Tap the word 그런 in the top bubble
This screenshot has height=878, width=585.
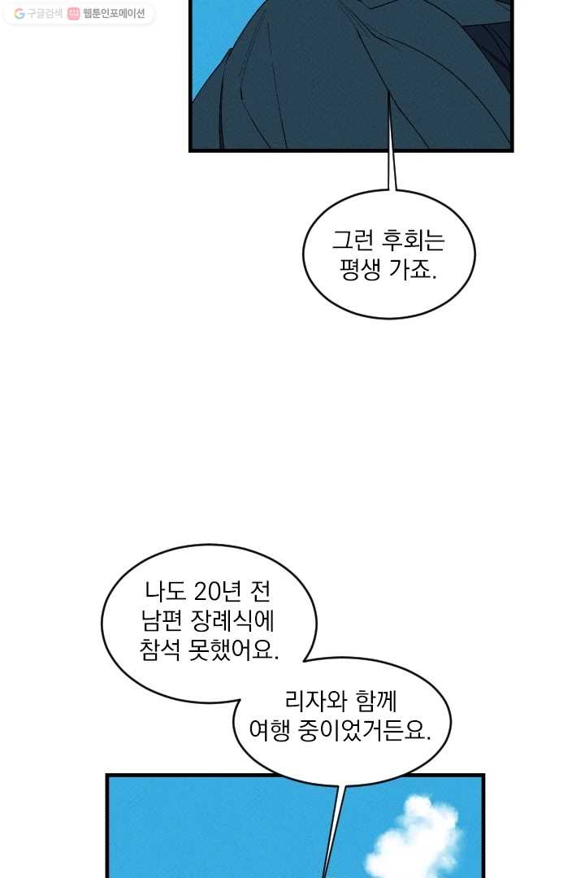click(x=353, y=240)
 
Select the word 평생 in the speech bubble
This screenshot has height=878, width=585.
click(x=360, y=270)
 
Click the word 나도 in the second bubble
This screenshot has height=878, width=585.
click(x=165, y=591)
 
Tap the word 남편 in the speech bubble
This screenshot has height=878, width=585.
click(x=161, y=620)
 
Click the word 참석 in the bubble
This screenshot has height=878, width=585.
click(x=159, y=650)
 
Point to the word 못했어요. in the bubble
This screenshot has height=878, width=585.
click(x=233, y=650)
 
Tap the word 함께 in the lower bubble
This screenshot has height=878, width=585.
click(x=376, y=701)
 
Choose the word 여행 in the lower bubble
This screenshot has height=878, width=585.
click(x=269, y=730)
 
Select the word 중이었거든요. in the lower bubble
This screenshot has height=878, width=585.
click(x=365, y=730)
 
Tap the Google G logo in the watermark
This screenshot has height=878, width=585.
click(x=19, y=14)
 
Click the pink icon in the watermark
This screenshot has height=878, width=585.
click(x=73, y=14)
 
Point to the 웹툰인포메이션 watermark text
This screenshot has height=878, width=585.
click(x=115, y=14)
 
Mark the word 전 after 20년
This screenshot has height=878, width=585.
click(x=260, y=591)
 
